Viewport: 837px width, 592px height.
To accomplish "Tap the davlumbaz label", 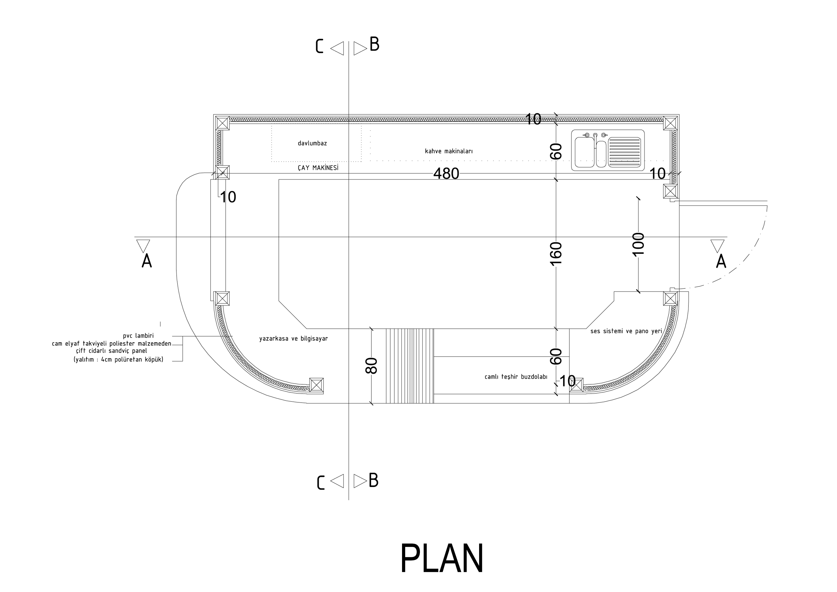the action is pos(312,143).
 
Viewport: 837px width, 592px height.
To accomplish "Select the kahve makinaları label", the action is pos(449,151).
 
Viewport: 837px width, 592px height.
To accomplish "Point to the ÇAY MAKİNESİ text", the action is pos(318,168).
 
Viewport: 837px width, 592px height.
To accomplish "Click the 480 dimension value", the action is pos(446,174).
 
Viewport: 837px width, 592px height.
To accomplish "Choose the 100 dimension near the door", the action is pos(638,245).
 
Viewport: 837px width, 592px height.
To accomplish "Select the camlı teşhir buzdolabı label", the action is pos(516,377).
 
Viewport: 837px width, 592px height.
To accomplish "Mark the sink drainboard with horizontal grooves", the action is pos(624,152).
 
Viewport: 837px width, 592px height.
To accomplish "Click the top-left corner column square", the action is pos(222,123).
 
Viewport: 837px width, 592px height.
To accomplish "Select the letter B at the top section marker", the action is pos(374,44).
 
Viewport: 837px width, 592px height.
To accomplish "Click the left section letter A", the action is pos(146,261).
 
